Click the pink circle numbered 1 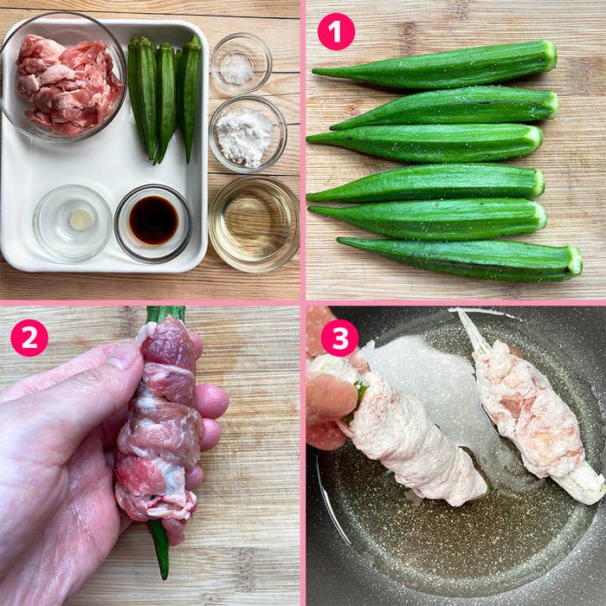pyautogui.click(x=336, y=32)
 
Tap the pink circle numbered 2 pyautogui.click(x=29, y=338)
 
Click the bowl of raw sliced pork pyautogui.click(x=65, y=82)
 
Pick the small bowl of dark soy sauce pyautogui.click(x=153, y=222)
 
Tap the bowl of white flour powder pyautogui.click(x=246, y=134)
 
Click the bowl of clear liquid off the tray pyautogui.click(x=254, y=223)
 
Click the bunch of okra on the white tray pyautogui.click(x=164, y=95)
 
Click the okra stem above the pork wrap pyautogui.click(x=164, y=313)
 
